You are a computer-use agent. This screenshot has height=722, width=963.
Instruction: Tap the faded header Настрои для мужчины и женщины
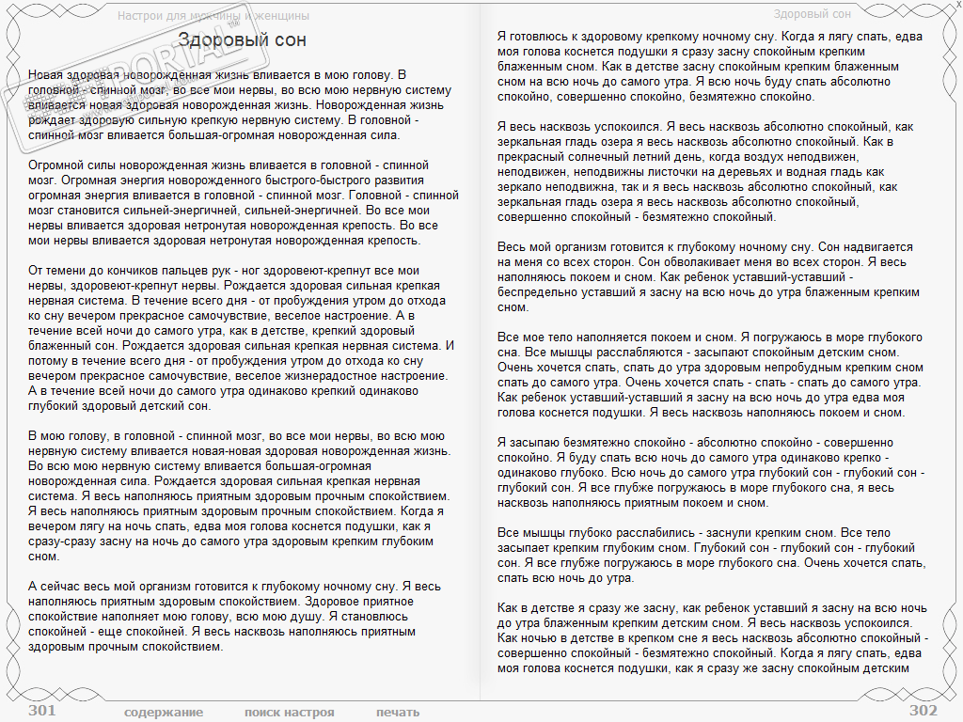(x=213, y=15)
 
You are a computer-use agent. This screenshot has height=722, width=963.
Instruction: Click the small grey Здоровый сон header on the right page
(x=812, y=14)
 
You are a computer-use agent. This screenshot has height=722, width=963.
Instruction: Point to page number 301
(x=41, y=711)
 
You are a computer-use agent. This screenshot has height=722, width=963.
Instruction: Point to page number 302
(x=924, y=711)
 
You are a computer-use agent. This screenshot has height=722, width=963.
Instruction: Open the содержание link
(x=164, y=712)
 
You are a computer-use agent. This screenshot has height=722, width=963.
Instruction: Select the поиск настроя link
(x=289, y=712)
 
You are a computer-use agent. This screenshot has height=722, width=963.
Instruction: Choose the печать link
(x=398, y=712)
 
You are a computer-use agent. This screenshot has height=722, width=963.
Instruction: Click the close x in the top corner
(x=957, y=6)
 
